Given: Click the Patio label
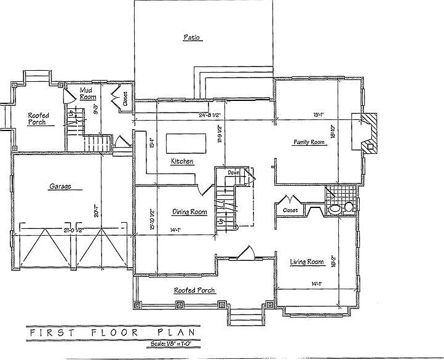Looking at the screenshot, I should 192,38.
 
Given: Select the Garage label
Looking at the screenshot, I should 61,186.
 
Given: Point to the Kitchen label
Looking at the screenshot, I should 182,161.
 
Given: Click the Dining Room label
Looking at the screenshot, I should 189,212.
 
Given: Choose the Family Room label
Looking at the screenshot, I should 308,142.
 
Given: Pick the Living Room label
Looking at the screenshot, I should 307,262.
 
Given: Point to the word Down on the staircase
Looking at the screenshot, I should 233,173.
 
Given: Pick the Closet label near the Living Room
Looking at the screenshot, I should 290,210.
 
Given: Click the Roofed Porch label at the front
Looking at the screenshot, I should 194,290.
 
